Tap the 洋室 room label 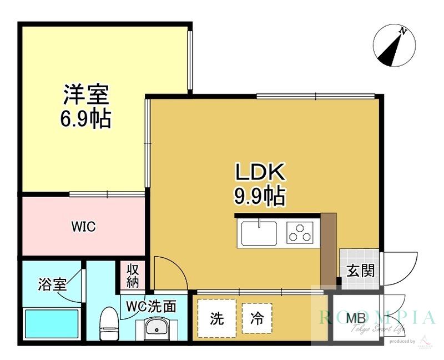(85, 94)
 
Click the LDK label (260, 172)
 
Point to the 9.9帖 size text (260, 196)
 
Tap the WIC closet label (83, 227)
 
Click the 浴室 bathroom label (52, 285)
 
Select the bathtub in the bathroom (52, 324)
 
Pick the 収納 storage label (132, 275)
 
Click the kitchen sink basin (259, 232)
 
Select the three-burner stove (300, 232)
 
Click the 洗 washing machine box (216, 319)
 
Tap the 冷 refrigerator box (257, 319)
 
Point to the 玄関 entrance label (360, 271)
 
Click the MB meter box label (355, 319)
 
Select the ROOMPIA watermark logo (377, 318)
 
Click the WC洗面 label (151, 306)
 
